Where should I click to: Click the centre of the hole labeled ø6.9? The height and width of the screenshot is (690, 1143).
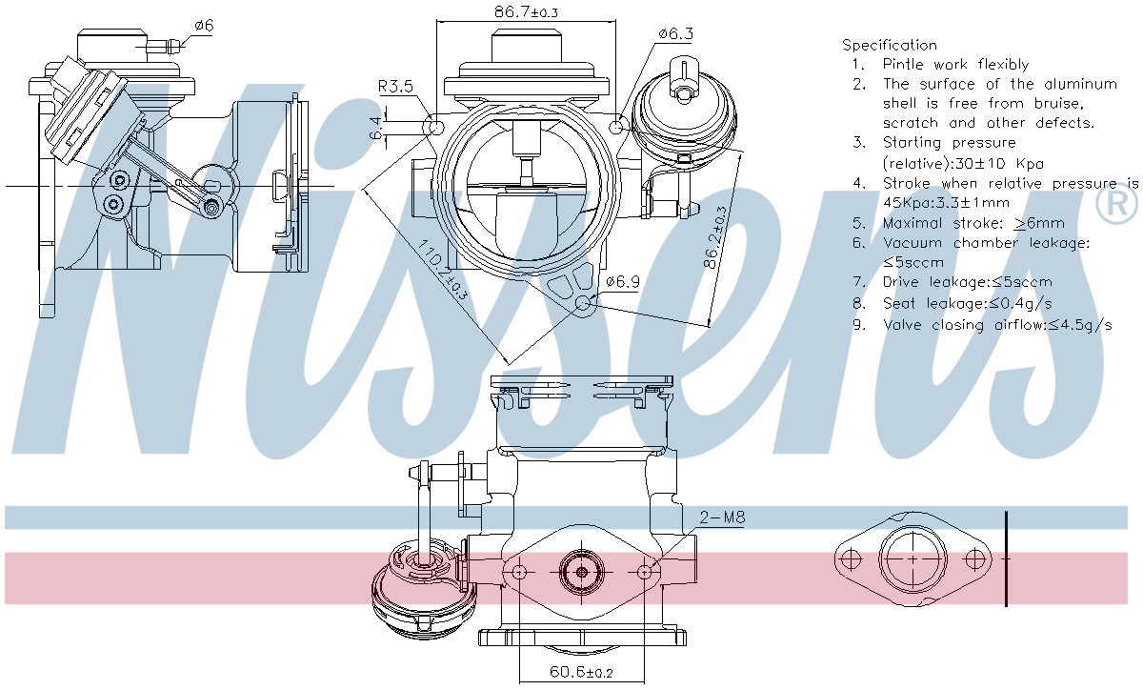coord(583,303)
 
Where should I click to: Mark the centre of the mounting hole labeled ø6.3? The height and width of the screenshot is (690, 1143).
coord(617,126)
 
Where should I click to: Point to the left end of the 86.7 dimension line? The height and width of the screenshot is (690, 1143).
coord(437,22)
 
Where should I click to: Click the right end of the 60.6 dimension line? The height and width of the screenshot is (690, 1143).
coord(645,680)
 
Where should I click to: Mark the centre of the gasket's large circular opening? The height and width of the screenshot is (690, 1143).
coord(912,558)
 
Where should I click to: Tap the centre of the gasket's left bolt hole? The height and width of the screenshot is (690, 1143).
coord(850,558)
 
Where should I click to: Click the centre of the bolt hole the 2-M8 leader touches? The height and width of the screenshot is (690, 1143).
coord(645,571)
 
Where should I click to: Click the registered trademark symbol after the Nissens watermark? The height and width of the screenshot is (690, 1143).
coord(1116,205)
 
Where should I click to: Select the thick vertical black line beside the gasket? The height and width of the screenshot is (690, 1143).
coord(1006,558)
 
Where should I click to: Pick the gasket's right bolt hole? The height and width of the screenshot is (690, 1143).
coord(975,558)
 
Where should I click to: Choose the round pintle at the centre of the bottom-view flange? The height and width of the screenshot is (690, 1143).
coord(582,572)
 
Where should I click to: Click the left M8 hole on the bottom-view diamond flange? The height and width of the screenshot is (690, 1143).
coord(519,571)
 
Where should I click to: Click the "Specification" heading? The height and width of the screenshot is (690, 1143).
coord(890,46)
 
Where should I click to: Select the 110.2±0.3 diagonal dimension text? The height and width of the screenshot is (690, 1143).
coord(442,270)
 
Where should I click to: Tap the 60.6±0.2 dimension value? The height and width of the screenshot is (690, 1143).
coord(581,672)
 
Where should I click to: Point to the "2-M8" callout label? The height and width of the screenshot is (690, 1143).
coord(722,517)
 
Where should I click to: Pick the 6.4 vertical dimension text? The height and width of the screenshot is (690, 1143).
coord(375,128)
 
